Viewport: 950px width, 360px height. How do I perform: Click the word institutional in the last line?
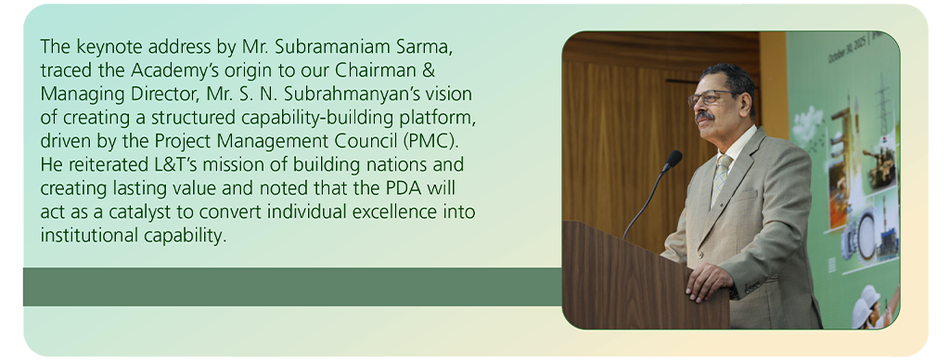click(90, 236)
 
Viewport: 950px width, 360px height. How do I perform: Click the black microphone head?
click(672, 160)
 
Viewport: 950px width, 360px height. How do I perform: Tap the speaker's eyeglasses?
click(712, 97)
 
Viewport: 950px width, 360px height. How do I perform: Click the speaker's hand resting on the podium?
click(708, 281)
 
